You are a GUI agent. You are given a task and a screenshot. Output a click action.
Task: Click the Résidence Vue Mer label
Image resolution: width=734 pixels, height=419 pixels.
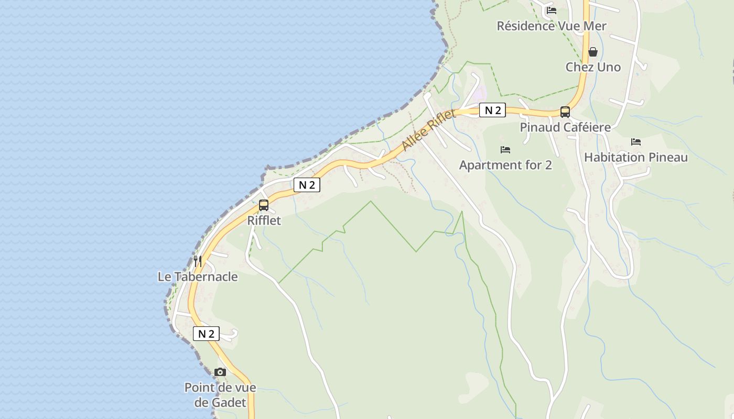(552, 26)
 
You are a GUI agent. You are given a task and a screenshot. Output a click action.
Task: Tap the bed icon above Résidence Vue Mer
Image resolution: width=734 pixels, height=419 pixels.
(551, 10)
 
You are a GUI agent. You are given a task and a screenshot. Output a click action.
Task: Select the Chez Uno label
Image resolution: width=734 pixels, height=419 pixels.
(593, 67)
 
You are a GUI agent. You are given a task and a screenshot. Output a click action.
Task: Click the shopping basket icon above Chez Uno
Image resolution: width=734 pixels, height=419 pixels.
(593, 52)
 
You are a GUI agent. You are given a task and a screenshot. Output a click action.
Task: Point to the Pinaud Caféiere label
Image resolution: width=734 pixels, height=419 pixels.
(565, 127)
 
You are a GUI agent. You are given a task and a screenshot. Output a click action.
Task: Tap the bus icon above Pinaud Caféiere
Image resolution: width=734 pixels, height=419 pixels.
(565, 112)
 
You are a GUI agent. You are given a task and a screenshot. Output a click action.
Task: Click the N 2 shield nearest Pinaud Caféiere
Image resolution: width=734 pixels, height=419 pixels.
(492, 110)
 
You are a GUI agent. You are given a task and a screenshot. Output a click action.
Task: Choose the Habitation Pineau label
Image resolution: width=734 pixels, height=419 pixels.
(636, 157)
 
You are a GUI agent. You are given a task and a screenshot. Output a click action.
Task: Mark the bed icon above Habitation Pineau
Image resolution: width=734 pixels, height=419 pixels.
(636, 142)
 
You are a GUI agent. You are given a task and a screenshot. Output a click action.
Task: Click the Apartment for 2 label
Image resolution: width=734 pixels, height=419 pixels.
(505, 166)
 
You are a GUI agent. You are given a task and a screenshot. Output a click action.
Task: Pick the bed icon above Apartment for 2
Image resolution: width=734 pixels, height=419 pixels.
(505, 150)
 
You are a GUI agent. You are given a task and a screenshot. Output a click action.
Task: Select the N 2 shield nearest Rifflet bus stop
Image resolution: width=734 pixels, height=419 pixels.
(307, 185)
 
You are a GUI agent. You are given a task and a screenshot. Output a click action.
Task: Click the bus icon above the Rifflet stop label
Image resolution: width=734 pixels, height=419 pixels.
(264, 205)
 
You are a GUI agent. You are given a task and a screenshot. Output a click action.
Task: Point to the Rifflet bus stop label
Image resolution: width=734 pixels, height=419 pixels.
(264, 220)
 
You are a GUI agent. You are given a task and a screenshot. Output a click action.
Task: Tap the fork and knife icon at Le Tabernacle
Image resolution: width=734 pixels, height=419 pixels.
(198, 261)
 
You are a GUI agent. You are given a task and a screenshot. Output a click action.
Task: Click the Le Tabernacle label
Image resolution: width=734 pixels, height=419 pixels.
(198, 277)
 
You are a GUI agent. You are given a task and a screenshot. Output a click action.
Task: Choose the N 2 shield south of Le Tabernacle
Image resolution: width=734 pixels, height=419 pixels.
(206, 334)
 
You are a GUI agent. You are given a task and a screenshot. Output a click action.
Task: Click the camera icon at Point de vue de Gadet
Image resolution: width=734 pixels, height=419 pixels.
(220, 372)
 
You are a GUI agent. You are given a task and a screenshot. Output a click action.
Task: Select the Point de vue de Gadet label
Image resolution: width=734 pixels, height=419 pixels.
(220, 395)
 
